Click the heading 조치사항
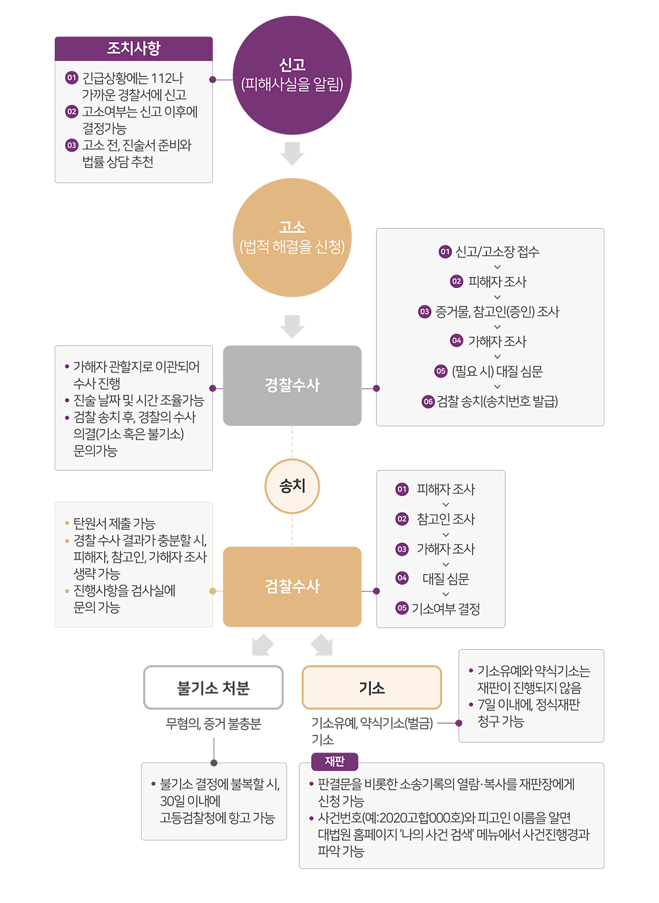tap(134, 48)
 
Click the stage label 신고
tap(292, 65)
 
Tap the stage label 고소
tap(292, 227)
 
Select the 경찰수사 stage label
tap(292, 385)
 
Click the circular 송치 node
tap(292, 486)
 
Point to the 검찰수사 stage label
tap(292, 586)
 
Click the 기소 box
tap(372, 687)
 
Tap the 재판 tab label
tap(335, 761)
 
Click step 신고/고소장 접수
tap(497, 252)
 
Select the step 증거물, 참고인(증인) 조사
tap(497, 312)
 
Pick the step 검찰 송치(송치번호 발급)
tap(497, 401)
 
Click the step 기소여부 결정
tap(445, 608)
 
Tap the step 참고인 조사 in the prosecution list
tap(445, 519)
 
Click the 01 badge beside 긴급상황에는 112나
tap(72, 78)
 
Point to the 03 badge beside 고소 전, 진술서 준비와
tap(72, 145)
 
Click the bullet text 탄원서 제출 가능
tap(114, 523)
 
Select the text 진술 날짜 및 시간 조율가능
tap(138, 401)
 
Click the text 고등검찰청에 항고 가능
tap(217, 818)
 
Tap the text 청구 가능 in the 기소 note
tap(500, 722)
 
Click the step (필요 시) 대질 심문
tap(497, 372)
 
